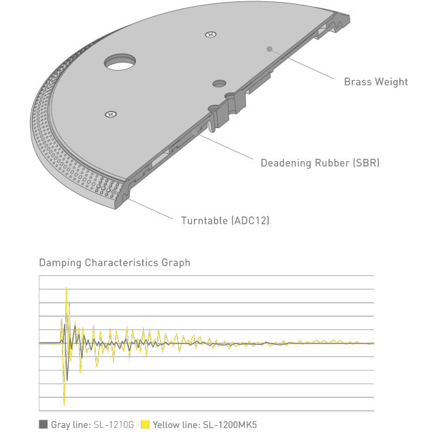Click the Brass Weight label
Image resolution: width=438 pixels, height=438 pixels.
click(375, 82)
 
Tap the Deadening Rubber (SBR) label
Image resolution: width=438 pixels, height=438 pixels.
click(320, 163)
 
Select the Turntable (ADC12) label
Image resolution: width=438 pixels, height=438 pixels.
click(225, 220)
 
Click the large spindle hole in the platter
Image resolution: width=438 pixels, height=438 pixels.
click(120, 62)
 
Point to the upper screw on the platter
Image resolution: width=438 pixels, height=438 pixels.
click(211, 35)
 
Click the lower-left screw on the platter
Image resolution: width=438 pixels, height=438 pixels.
click(111, 114)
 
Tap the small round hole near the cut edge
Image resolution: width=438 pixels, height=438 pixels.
click(219, 83)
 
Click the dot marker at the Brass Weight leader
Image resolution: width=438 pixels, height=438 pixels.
click(269, 49)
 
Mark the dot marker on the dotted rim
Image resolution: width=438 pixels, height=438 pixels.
click(114, 192)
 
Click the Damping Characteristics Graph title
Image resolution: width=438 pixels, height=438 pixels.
click(114, 263)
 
